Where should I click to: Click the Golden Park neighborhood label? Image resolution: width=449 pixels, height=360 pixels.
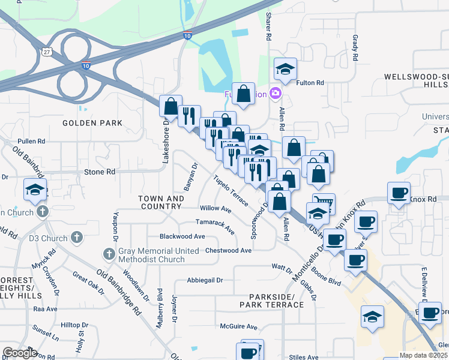92,123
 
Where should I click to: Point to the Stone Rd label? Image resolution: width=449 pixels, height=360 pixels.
100,172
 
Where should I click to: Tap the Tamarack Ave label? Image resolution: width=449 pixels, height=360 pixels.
214,223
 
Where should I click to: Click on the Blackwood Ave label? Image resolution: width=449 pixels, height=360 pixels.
182,236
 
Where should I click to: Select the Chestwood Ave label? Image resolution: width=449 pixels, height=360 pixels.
228,250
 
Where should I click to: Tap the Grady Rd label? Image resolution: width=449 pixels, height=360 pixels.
355,48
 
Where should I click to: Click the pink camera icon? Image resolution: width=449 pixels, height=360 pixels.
275,93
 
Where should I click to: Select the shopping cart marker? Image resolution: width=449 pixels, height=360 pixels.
324,202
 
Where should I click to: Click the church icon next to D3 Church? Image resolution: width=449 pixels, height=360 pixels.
76,238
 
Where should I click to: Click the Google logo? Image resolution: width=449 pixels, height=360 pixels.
20,353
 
